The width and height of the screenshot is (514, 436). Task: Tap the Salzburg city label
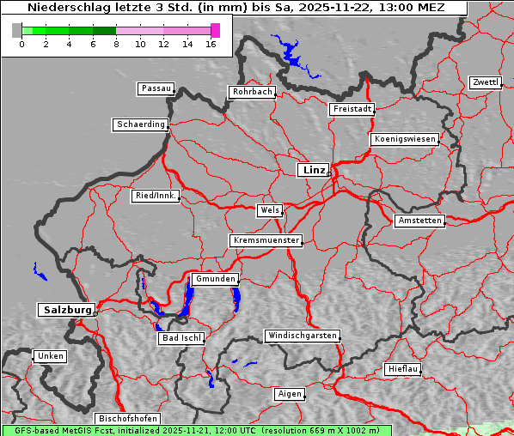(66, 310)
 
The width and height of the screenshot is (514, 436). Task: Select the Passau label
(156, 88)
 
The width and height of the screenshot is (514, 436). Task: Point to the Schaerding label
(140, 124)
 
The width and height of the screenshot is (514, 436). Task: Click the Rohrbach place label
(251, 92)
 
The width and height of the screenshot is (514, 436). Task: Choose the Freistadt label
(352, 109)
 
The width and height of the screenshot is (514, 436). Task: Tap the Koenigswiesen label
(405, 139)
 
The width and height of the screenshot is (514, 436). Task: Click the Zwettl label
(485, 82)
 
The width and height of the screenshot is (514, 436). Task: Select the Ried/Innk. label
(156, 196)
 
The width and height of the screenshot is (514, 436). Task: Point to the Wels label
(269, 210)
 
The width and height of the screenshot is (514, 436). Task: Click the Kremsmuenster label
(266, 240)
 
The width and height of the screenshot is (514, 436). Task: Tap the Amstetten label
(419, 221)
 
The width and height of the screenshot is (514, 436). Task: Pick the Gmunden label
(214, 279)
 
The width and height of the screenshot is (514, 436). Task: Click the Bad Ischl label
(181, 338)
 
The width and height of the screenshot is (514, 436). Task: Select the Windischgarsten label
(301, 336)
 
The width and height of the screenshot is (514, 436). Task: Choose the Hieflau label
(403, 369)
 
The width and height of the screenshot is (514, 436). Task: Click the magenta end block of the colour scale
(215, 30)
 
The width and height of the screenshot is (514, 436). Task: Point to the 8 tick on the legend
(116, 44)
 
